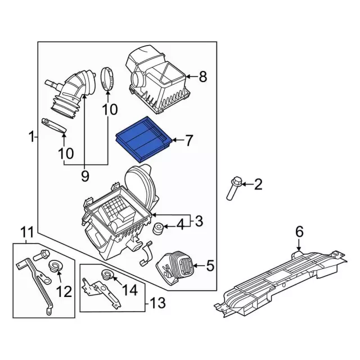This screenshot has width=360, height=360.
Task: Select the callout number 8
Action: (x=203, y=76)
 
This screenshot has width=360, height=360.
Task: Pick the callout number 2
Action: (x=258, y=184)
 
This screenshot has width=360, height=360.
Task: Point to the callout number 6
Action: (x=299, y=231)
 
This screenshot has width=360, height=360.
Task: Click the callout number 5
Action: (x=210, y=265)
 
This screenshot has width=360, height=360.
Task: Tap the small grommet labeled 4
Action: (x=160, y=229)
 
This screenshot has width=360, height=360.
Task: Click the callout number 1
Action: (x=32, y=136)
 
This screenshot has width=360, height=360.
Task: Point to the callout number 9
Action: (x=85, y=176)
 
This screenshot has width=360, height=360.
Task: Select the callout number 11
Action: (x=28, y=232)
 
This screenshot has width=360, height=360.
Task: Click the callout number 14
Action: (x=129, y=290)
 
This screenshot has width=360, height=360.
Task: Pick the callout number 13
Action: (x=158, y=304)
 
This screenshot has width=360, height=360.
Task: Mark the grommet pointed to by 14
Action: (x=106, y=274)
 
